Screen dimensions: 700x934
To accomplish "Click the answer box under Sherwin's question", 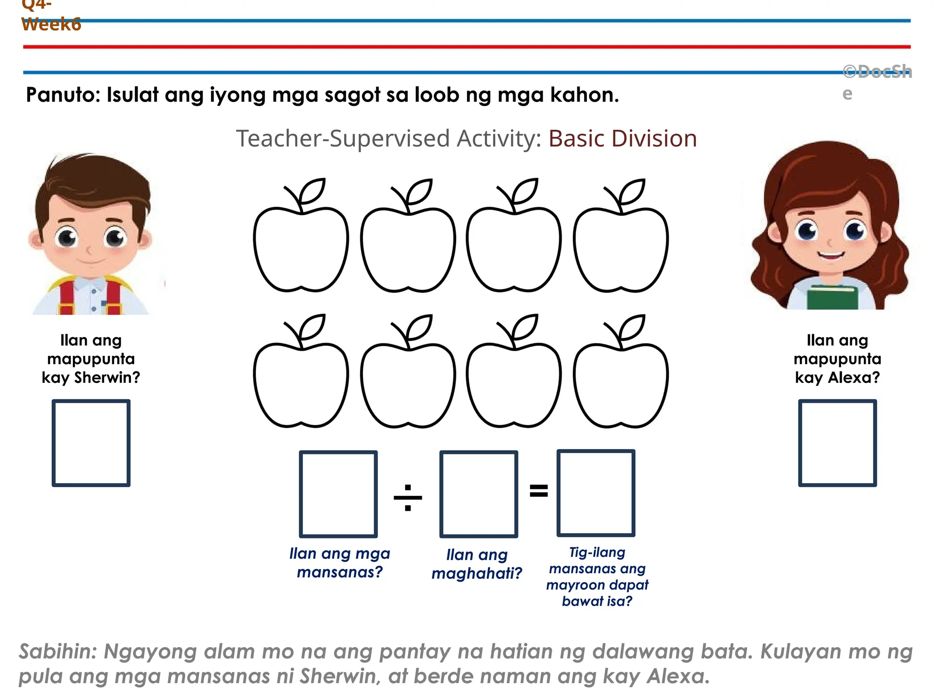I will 91,443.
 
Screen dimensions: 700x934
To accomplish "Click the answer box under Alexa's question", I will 837,443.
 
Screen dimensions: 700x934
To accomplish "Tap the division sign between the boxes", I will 408,497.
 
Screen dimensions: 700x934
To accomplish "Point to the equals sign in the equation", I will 539,491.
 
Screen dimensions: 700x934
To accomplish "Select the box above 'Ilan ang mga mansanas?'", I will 338,494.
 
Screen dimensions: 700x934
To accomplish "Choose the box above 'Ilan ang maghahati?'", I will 478,494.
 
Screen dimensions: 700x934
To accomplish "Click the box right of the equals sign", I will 596,493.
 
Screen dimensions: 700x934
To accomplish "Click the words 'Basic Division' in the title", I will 623,139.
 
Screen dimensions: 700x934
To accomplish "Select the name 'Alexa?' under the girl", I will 854,377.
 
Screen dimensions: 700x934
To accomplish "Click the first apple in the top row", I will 301,248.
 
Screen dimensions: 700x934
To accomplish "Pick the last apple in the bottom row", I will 621,384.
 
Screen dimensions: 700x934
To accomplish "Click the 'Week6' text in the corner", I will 52,24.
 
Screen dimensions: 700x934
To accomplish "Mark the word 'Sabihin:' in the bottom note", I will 58,652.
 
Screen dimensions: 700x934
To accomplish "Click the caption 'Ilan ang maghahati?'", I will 477,564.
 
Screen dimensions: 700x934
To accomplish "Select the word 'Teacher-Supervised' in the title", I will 342,139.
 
